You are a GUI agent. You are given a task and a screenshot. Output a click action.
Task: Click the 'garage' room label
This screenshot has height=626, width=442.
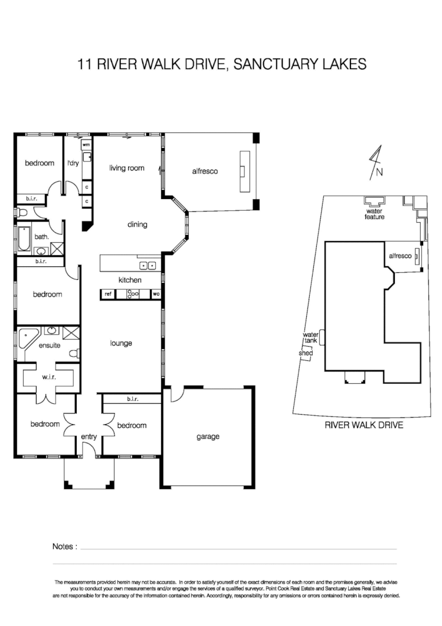point(208,437)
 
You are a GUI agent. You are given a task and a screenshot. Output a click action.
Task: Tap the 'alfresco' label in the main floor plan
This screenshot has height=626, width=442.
point(205,171)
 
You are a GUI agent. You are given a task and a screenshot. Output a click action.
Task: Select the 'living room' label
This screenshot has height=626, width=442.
point(127,168)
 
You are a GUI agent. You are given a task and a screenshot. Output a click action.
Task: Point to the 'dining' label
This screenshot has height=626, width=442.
point(137,224)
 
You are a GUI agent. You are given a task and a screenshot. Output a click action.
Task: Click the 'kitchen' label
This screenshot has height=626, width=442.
point(130,280)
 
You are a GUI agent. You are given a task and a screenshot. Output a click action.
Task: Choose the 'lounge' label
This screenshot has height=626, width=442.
point(121,343)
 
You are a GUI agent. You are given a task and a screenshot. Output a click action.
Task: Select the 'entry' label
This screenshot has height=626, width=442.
point(89,436)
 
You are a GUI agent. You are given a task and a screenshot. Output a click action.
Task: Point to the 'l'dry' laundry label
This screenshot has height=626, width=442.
point(73,163)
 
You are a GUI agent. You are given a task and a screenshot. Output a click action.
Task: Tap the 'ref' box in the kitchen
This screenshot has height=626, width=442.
point(108,294)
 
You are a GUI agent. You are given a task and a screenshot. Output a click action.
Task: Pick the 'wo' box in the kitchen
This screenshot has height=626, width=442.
point(156,294)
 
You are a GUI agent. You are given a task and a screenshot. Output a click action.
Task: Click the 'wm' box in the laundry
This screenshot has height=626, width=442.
point(86,145)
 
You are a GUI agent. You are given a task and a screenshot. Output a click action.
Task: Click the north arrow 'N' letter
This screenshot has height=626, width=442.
point(379,173)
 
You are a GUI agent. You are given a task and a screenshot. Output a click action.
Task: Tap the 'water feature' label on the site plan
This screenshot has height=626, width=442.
point(374,214)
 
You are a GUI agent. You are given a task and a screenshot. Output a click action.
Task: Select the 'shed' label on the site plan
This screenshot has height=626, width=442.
point(306,353)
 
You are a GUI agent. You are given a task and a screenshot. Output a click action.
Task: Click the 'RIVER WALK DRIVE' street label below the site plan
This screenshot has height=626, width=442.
point(364,425)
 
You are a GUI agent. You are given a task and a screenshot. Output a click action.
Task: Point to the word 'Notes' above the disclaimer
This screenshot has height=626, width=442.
point(64,547)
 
